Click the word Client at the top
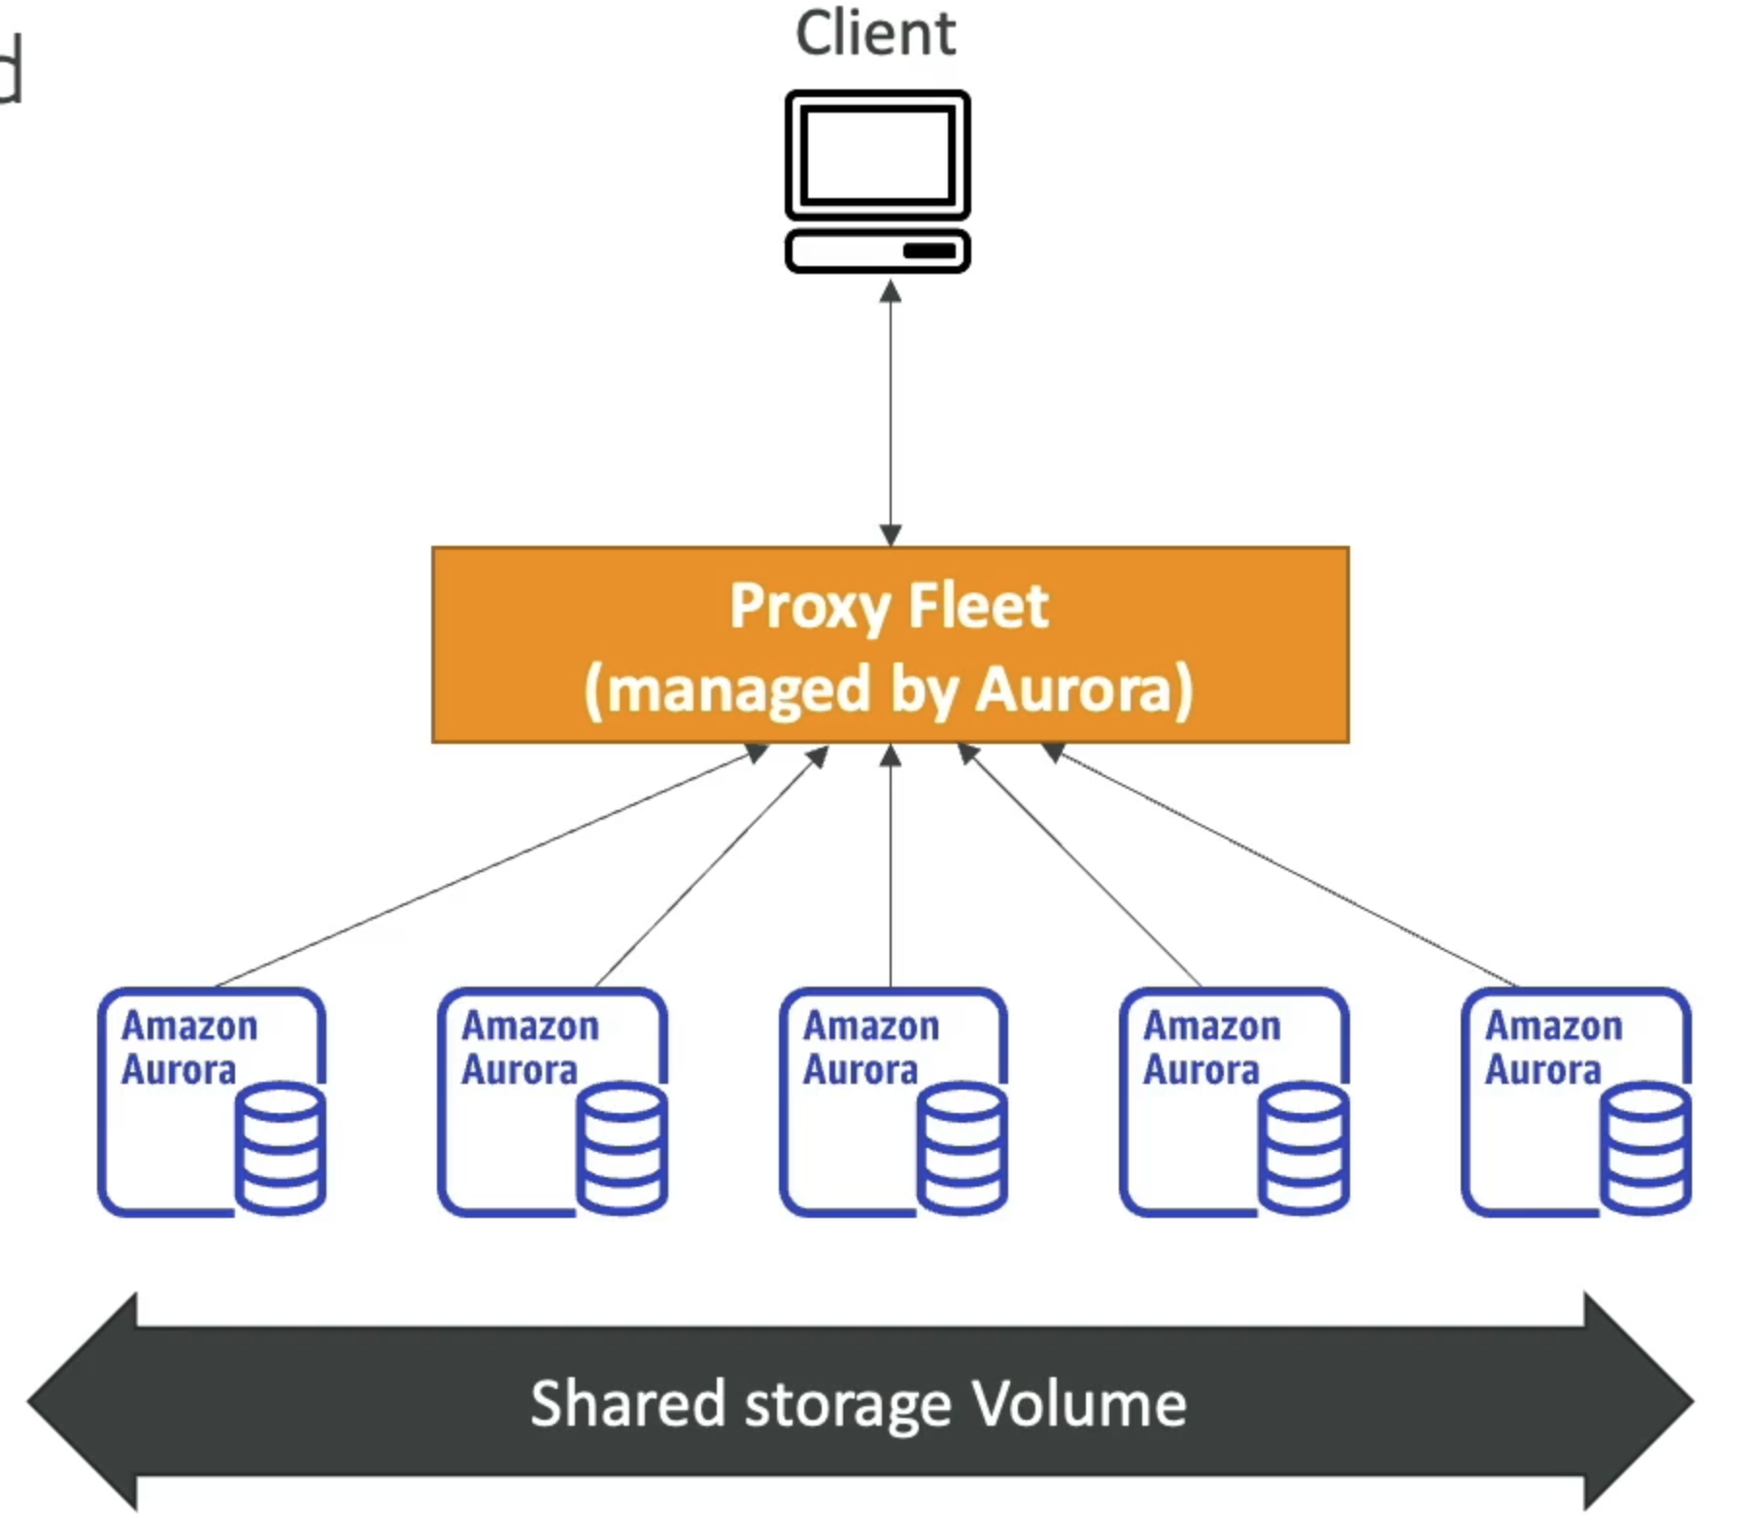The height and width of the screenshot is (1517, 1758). (x=875, y=33)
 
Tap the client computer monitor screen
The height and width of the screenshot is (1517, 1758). (x=877, y=154)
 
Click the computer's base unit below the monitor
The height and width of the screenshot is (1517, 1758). (x=877, y=252)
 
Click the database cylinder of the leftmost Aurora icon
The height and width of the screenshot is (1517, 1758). (x=281, y=1148)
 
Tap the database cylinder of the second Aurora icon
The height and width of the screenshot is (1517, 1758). (x=622, y=1148)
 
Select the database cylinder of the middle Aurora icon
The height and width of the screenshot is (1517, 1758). (x=963, y=1148)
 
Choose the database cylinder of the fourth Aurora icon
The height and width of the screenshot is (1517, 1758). (x=1303, y=1148)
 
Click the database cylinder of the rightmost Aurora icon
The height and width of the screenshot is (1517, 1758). (x=1645, y=1148)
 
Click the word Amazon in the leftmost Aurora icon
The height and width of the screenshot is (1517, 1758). (x=189, y=1027)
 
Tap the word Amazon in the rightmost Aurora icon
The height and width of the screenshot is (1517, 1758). (x=1553, y=1027)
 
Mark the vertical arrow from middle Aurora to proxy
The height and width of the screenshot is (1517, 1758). (x=891, y=864)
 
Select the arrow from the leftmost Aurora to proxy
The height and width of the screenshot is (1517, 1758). (x=486, y=867)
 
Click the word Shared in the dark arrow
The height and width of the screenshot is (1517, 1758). (x=627, y=1404)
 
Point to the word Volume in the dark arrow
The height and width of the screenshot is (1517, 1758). (x=1079, y=1404)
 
